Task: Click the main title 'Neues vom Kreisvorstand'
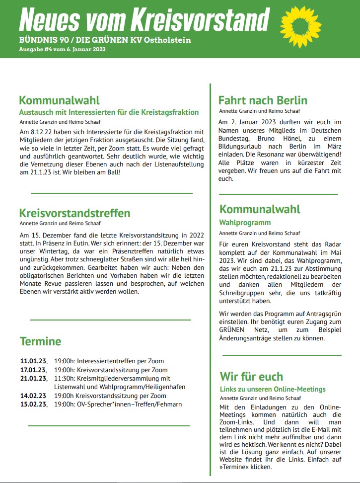pyautogui.click(x=144, y=19)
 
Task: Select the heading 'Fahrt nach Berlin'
pyautogui.click(x=263, y=101)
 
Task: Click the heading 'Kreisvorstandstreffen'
pyautogui.click(x=74, y=214)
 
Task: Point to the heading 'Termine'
pyautogui.click(x=40, y=341)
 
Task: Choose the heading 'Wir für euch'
pyautogui.click(x=251, y=377)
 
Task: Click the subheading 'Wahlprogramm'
pyautogui.click(x=245, y=223)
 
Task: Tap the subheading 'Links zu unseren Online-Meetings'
pyautogui.click(x=273, y=389)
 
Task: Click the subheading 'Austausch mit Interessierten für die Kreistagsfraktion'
pyautogui.click(x=109, y=112)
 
